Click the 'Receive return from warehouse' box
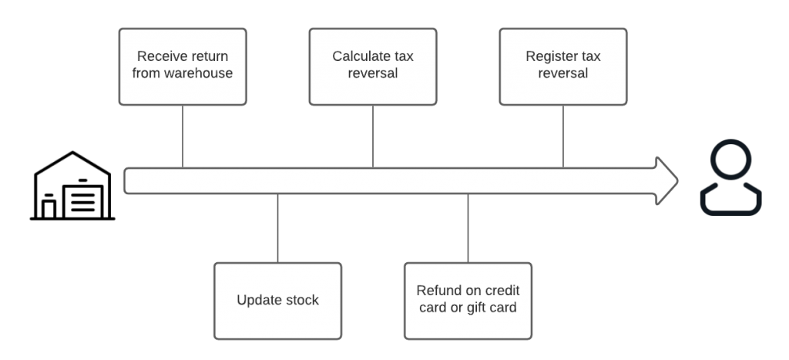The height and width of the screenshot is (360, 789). [x=183, y=66]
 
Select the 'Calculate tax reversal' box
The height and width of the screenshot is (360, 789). [x=373, y=66]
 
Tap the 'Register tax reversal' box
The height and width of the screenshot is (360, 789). [x=562, y=66]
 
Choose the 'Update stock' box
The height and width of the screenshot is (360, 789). [x=277, y=301]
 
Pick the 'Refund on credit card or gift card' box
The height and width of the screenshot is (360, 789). [x=468, y=301]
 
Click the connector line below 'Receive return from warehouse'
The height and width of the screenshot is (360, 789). [x=183, y=136]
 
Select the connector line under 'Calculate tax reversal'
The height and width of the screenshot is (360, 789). [x=373, y=136]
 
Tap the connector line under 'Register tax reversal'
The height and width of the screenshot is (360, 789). [x=562, y=136]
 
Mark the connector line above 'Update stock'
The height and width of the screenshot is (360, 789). [x=277, y=228]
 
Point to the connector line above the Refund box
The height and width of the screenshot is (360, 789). [x=468, y=228]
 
